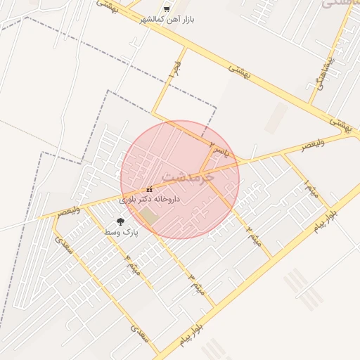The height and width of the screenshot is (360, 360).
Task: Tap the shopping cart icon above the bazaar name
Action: [x=166, y=8]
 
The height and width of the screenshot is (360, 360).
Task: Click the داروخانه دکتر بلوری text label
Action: [x=150, y=200]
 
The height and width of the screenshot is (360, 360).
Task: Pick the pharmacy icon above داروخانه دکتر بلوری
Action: [x=149, y=190]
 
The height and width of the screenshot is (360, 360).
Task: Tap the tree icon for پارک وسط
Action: [x=120, y=221]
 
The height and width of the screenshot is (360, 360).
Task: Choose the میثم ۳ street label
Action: [x=196, y=283]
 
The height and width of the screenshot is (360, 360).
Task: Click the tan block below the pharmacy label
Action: [x=147, y=215]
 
